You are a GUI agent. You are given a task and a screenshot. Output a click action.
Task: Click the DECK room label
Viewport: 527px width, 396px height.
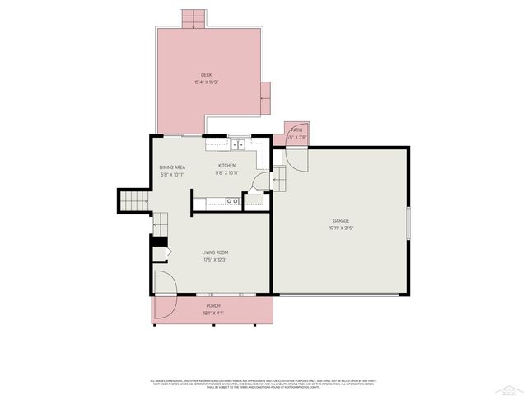[206, 75]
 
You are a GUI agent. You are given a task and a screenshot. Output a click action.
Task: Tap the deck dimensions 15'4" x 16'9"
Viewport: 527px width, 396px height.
[206, 82]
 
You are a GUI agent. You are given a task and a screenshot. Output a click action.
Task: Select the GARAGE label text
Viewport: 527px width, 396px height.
[341, 220]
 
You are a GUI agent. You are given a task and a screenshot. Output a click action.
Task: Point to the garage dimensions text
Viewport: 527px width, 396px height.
[341, 228]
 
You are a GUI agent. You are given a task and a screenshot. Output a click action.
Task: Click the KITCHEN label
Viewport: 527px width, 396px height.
[226, 166]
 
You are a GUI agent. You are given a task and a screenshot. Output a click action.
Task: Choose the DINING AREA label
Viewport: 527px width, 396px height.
[172, 167]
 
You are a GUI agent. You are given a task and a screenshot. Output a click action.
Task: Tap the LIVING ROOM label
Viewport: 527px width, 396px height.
[215, 252]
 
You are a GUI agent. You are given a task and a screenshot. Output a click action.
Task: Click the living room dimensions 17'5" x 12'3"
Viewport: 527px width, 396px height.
[215, 260]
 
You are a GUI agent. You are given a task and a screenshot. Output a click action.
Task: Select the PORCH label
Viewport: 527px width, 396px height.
[213, 306]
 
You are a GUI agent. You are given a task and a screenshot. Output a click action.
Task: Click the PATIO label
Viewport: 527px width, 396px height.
[296, 130]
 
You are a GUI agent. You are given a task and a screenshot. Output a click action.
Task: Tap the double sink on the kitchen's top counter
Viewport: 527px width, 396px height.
[239, 145]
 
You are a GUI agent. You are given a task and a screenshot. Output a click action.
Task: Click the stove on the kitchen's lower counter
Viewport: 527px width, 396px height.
[233, 200]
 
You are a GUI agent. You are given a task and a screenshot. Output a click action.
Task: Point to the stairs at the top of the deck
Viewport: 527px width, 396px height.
[193, 19]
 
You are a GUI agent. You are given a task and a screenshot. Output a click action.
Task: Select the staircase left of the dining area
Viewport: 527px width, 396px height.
[133, 200]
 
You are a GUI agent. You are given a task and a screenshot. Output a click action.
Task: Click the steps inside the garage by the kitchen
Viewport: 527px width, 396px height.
[277, 177]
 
